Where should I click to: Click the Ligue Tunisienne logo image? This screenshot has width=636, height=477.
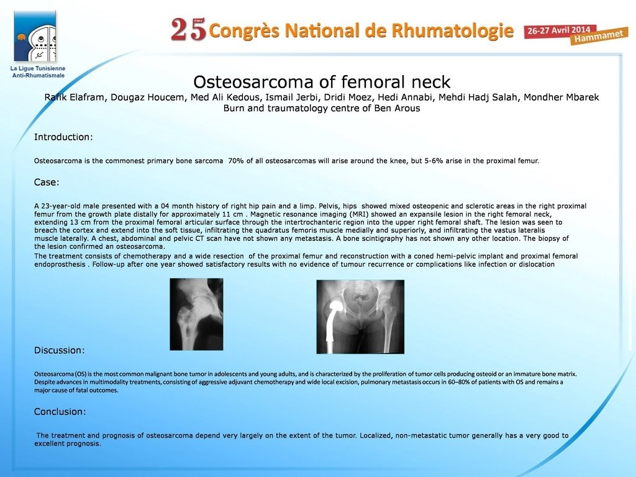point(35,37)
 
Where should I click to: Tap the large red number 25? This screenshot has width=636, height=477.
point(189,30)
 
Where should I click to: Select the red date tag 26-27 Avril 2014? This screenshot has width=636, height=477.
point(559,31)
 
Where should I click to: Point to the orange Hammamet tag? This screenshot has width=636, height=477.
point(599,37)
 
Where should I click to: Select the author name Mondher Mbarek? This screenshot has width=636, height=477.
point(561,98)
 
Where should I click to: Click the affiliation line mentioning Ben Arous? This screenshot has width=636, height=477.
point(322,108)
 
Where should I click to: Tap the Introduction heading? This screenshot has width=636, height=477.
point(63,137)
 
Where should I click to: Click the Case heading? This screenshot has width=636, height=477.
point(47,183)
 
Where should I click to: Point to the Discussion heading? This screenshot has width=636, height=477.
point(59,350)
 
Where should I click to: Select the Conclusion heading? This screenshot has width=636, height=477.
point(60,412)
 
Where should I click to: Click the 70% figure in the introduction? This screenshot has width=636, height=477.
point(235,161)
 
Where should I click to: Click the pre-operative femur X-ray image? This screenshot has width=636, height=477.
point(196,314)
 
